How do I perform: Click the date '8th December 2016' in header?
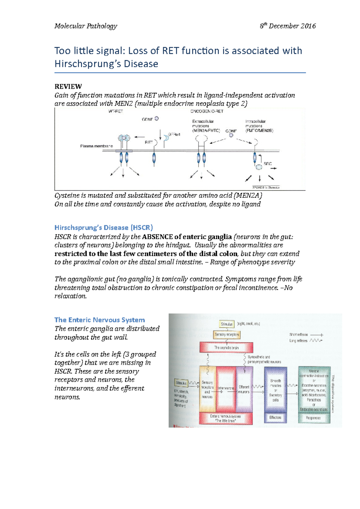[x=287, y=26]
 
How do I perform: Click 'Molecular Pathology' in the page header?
[x=85, y=26]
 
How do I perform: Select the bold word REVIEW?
[x=68, y=87]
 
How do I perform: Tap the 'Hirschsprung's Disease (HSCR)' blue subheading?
[x=103, y=228]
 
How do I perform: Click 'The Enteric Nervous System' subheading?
[x=100, y=320]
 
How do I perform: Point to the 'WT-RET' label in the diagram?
[x=115, y=111]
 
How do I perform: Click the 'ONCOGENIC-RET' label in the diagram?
[x=207, y=111]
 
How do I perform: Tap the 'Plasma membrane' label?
[x=96, y=146]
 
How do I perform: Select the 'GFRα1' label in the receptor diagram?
[x=174, y=135]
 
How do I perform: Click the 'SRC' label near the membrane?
[x=268, y=164]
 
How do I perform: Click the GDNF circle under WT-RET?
[x=157, y=119]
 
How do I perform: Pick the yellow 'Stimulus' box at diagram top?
[x=227, y=324]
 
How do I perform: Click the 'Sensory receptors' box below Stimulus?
[x=227, y=335]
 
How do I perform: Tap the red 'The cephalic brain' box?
[x=226, y=348]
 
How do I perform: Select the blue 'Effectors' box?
[x=275, y=418]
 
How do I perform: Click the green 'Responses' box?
[x=313, y=418]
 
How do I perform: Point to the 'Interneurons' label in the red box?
[x=226, y=388]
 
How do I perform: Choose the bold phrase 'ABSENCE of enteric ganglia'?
[x=187, y=237]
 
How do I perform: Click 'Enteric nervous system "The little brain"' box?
[x=226, y=418]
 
